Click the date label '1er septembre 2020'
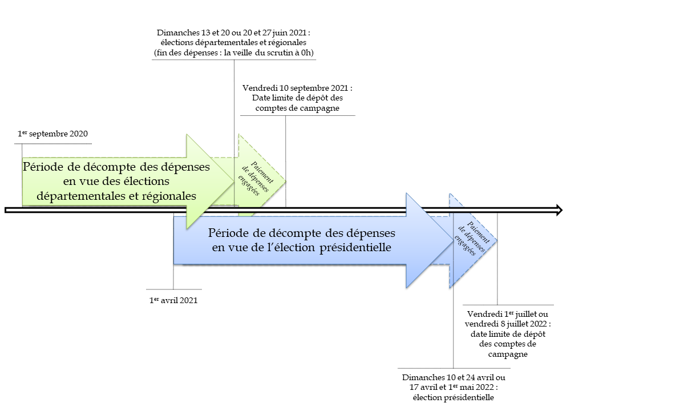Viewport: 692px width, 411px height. click(x=52, y=134)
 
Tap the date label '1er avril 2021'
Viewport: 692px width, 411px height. click(x=173, y=300)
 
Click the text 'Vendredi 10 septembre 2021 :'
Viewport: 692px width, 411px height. click(x=297, y=88)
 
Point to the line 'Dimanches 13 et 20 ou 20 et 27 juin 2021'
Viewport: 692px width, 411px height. click(x=233, y=32)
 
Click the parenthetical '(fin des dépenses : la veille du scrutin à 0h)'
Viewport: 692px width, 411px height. click(x=233, y=53)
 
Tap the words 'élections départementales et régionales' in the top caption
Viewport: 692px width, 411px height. click(x=233, y=42)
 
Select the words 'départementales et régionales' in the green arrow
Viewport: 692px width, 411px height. click(x=116, y=195)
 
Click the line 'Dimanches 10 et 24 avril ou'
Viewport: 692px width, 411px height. click(x=454, y=378)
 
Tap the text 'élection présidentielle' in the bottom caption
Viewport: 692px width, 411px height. click(x=454, y=397)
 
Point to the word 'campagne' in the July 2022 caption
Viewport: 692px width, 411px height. click(x=508, y=354)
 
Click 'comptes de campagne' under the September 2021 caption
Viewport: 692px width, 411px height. click(x=297, y=108)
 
